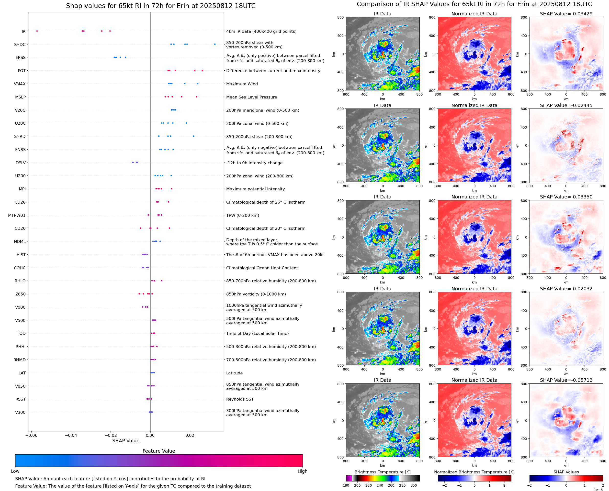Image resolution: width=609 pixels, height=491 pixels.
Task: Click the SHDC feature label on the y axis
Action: [x=20, y=44]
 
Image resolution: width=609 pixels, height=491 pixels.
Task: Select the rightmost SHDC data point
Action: [x=215, y=44]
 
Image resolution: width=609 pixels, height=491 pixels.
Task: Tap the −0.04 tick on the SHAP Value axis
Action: [x=71, y=435]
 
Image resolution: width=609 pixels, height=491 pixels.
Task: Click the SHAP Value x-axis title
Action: [x=126, y=441]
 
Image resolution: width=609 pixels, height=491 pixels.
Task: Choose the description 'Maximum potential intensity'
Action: [x=255, y=189]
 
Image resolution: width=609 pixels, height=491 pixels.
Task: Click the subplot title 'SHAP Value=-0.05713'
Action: [x=566, y=380]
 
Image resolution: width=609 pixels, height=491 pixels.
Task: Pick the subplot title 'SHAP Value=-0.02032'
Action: [x=566, y=289]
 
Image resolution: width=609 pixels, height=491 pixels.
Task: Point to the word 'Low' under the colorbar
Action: [x=15, y=471]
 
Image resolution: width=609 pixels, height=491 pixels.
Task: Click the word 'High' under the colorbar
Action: [x=302, y=471]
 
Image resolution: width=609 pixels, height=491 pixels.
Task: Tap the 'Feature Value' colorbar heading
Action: [x=159, y=451]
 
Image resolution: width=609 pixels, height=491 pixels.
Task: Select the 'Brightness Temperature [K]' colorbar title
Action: [x=382, y=472]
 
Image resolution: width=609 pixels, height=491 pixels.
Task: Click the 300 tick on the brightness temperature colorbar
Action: [x=414, y=485]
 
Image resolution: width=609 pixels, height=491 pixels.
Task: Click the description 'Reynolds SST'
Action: [x=240, y=399]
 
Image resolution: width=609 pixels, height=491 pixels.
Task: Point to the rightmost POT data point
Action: [x=202, y=70]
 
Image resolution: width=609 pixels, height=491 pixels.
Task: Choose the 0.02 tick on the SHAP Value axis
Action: [x=190, y=435]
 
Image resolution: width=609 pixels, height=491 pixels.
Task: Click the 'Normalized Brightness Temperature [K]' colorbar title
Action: [x=474, y=472]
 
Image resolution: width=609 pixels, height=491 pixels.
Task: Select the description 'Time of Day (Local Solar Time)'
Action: [x=257, y=333]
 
